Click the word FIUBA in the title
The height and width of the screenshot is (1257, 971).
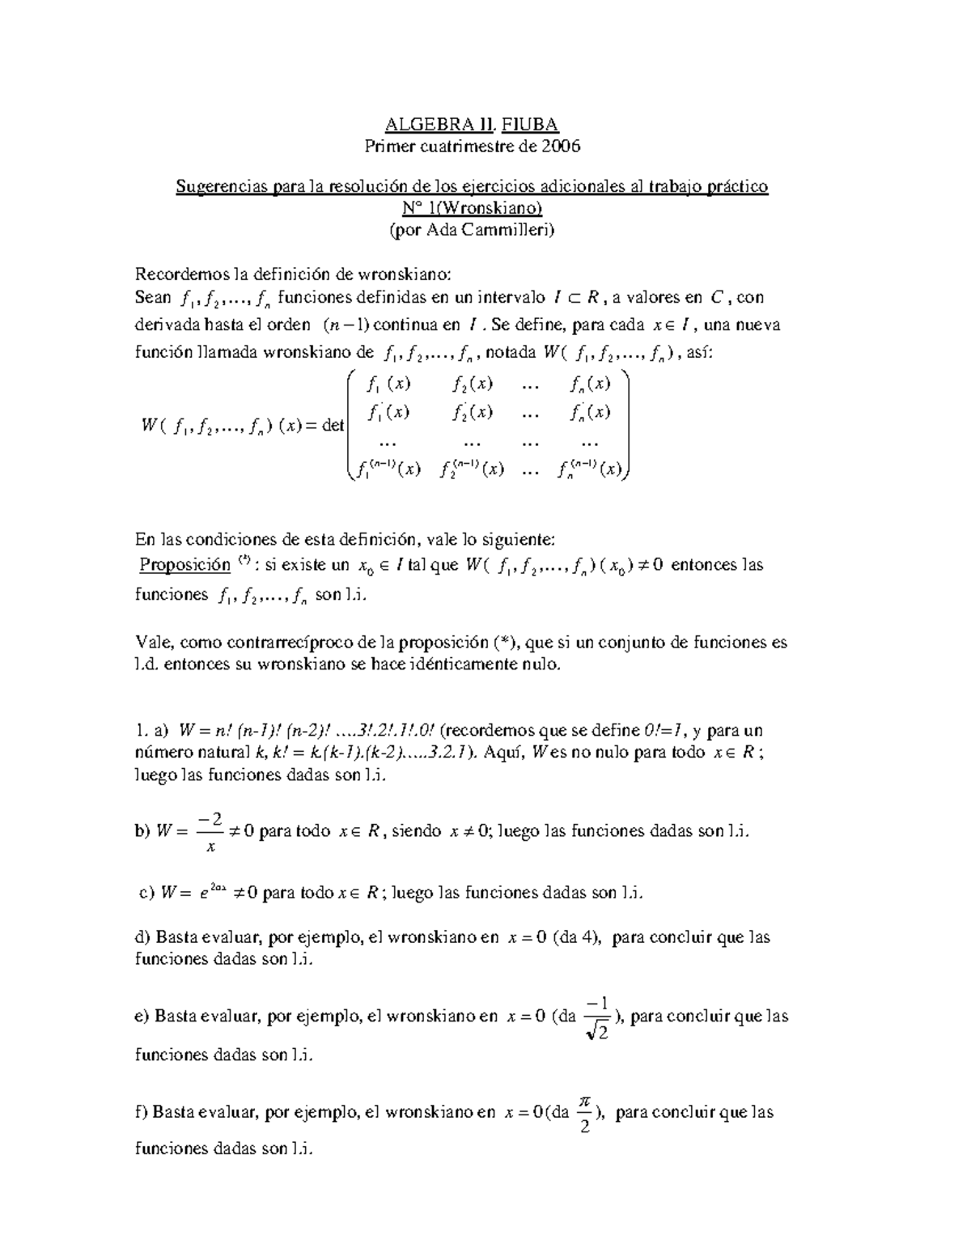530,124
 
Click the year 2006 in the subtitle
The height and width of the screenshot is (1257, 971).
561,146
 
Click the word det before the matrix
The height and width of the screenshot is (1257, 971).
333,425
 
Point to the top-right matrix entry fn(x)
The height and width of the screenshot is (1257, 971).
590,384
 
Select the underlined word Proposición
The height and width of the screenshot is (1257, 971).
184,565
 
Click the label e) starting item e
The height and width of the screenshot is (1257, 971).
142,1016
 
